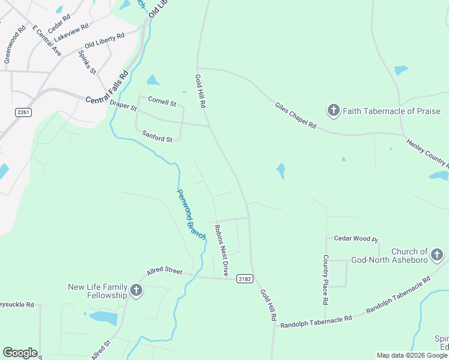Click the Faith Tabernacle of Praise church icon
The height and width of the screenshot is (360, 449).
[x=334, y=110]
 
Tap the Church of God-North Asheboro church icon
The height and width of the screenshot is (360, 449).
[x=436, y=256]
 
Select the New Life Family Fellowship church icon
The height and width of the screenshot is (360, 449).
[x=136, y=291]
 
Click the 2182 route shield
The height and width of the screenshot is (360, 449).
[x=244, y=278]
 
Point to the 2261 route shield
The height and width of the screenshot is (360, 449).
[x=23, y=112]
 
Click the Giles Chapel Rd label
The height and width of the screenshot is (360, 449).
[x=295, y=115]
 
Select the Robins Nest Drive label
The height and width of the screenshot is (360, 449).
[x=221, y=250]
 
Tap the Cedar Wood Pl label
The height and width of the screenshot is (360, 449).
[x=356, y=239]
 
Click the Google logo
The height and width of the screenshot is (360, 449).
[x=20, y=353]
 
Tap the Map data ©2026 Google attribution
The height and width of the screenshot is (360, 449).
[x=411, y=355]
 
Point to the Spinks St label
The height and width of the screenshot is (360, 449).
[x=87, y=62]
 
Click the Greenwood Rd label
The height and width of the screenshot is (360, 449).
[x=15, y=44]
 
